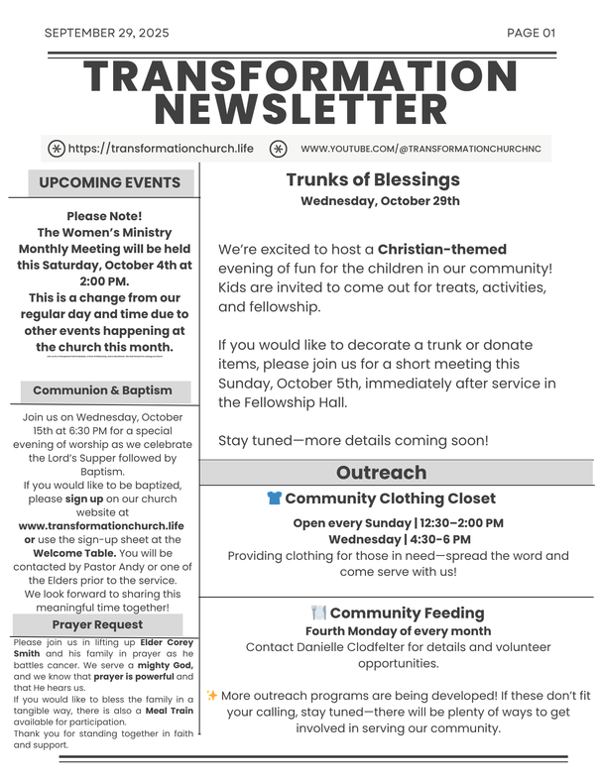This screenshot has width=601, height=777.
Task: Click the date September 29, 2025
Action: (x=107, y=33)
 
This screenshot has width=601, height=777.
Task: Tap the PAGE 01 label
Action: (x=531, y=33)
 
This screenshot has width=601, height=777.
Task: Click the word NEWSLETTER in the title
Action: (x=300, y=108)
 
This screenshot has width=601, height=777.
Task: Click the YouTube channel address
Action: (x=421, y=149)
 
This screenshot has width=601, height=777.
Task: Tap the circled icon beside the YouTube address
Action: (x=279, y=149)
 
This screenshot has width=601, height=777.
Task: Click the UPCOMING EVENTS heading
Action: (x=110, y=182)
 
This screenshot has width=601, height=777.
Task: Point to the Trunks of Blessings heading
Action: (x=373, y=179)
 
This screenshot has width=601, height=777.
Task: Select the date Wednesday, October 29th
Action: (x=380, y=201)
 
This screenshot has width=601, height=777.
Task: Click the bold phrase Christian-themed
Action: (x=442, y=250)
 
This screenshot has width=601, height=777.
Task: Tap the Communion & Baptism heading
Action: (x=102, y=390)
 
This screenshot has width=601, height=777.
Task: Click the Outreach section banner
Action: (x=381, y=473)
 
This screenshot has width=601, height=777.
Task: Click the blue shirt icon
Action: (x=275, y=499)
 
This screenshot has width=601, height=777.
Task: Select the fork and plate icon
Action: (x=318, y=613)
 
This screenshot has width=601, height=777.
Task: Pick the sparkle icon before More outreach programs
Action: (x=212, y=696)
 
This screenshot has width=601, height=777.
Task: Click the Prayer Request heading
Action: (x=97, y=624)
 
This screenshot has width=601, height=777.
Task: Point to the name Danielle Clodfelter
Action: (x=351, y=647)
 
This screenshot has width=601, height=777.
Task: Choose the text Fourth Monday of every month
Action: (x=398, y=631)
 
